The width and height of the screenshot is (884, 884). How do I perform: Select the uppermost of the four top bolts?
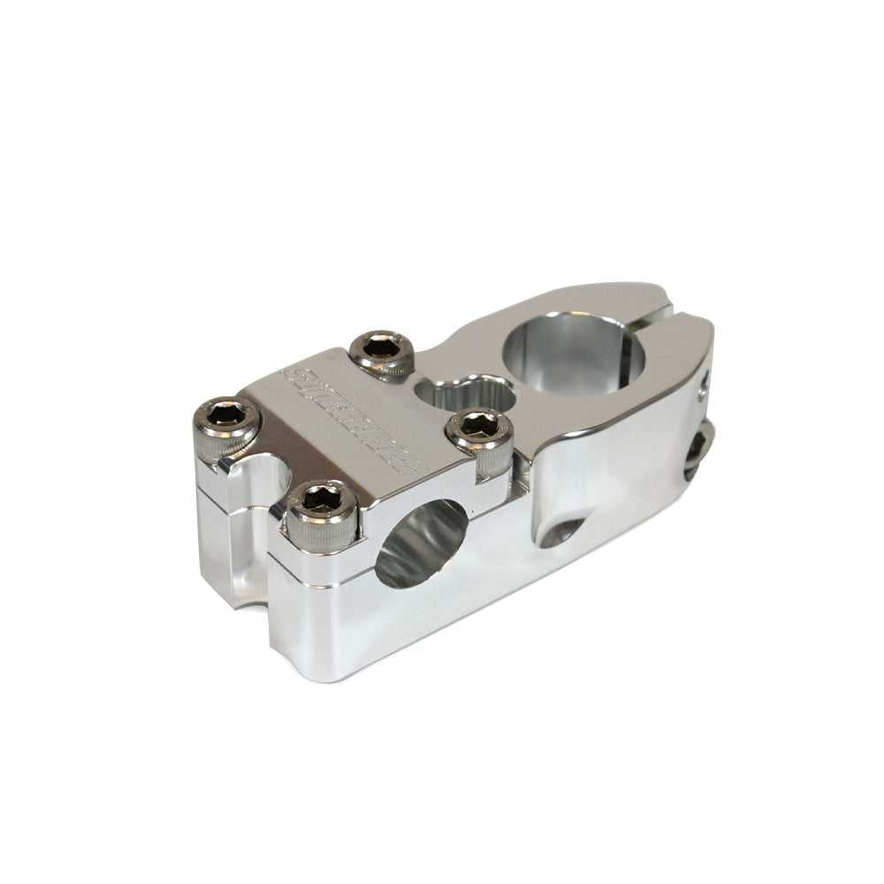(382, 347)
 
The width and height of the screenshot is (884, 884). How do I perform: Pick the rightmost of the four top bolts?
(479, 425)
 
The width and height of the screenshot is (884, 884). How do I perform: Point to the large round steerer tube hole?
(573, 354)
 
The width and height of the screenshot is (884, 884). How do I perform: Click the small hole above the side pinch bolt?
(704, 384)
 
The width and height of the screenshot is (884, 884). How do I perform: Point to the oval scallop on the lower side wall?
(560, 531)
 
